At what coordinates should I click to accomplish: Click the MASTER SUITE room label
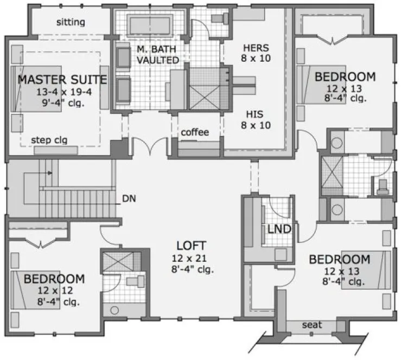[x=62, y=80]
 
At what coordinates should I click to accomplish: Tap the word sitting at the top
[x=71, y=22]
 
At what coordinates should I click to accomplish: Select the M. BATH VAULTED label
[x=157, y=54]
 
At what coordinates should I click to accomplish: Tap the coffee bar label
[x=195, y=132]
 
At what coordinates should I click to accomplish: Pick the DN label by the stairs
[x=129, y=198]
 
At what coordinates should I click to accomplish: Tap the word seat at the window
[x=312, y=325]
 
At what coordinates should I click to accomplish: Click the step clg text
[x=49, y=140]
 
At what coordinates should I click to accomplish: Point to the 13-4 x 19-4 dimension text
[x=62, y=92]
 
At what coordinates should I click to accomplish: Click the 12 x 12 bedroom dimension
[x=54, y=291]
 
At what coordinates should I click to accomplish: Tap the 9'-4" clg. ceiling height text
[x=62, y=102]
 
